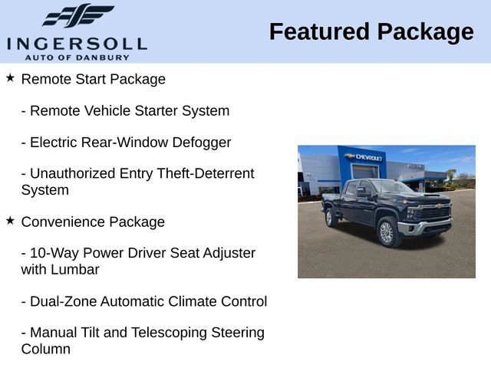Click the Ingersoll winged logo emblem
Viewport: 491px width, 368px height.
pyautogui.click(x=77, y=15)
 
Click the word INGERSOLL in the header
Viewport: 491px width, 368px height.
pyautogui.click(x=77, y=42)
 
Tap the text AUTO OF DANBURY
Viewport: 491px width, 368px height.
pyautogui.click(x=77, y=57)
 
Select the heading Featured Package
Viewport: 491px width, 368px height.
pyautogui.click(x=371, y=32)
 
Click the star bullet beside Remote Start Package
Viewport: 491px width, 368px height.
pyautogui.click(x=10, y=78)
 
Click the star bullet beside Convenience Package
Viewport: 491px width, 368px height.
pyautogui.click(x=10, y=221)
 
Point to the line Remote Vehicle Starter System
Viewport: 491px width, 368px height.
pyautogui.click(x=125, y=110)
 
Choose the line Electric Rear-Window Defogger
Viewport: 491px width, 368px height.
pyautogui.click(x=126, y=142)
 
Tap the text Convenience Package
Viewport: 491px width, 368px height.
pyautogui.click(x=93, y=222)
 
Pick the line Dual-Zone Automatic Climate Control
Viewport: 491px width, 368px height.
pyautogui.click(x=144, y=301)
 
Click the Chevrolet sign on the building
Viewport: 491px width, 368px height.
pyautogui.click(x=365, y=156)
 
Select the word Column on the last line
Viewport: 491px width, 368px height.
pyautogui.click(x=45, y=349)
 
